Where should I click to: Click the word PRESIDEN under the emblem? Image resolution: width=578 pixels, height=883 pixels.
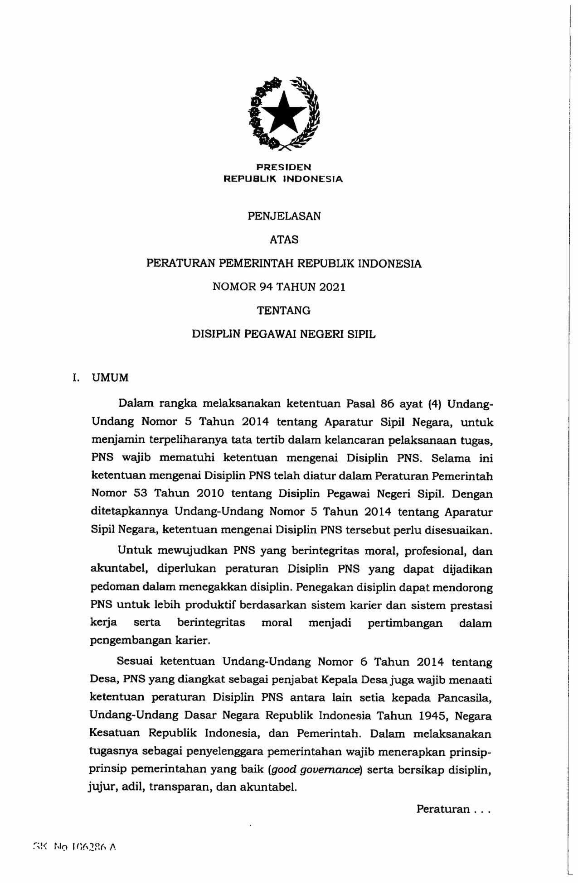(x=283, y=168)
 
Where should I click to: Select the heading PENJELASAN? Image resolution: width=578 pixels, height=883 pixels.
(x=284, y=216)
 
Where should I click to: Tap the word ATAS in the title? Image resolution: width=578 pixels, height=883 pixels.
(x=284, y=240)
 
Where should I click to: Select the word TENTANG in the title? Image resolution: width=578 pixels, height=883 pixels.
(x=284, y=311)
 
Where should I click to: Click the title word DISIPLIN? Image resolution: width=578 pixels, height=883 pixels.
(x=216, y=334)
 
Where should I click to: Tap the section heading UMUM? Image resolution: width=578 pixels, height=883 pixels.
(x=110, y=378)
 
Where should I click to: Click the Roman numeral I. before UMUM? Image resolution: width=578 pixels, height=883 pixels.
(x=76, y=378)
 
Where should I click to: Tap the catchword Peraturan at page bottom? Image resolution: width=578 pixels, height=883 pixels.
(x=442, y=809)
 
